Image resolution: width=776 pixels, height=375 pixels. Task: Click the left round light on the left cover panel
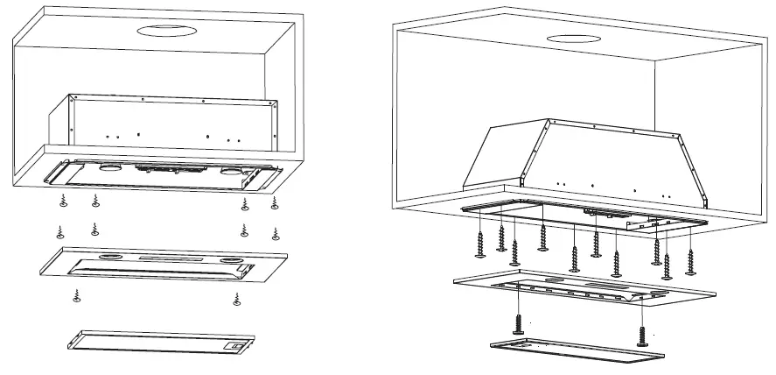pos(110,258)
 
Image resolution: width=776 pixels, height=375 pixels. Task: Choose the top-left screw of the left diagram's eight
pos(62,203)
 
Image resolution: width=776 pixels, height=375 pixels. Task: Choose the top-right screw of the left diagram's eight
pos(275,203)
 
